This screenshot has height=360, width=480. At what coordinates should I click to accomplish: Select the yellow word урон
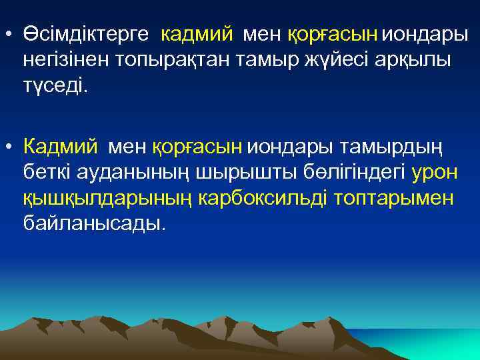point(435,172)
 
